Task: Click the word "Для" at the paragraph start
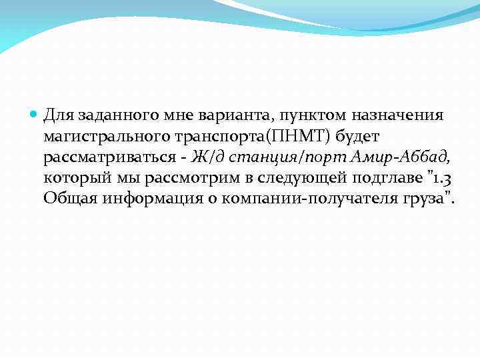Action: (x=59, y=115)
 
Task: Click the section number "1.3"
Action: (x=442, y=178)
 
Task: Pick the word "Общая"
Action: (x=69, y=199)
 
